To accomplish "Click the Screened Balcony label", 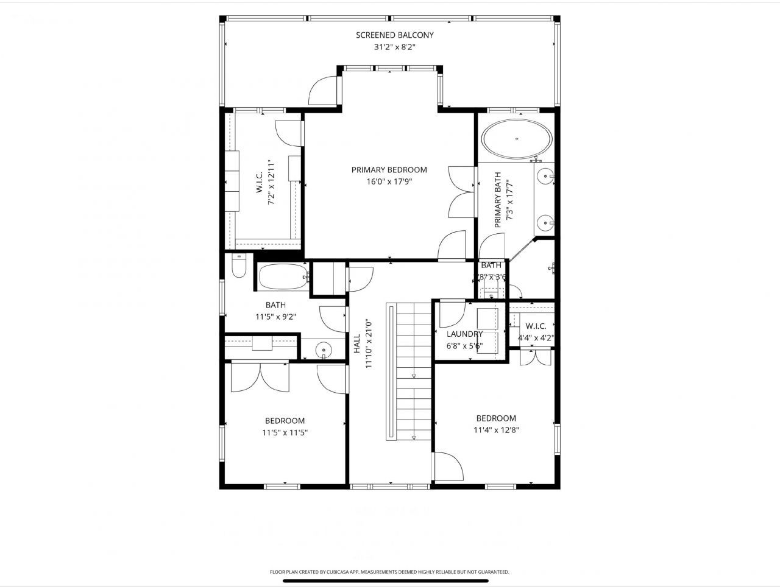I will pos(395,35).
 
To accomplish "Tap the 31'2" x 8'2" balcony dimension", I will pos(395,47).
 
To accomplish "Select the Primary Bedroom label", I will pos(389,170).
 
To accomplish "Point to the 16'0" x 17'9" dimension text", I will pos(389,181).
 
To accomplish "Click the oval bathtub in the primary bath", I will pos(517,139).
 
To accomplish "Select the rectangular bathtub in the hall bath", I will pos(283,277).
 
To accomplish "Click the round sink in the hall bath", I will pos(323,350).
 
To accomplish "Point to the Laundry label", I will pos(464,334).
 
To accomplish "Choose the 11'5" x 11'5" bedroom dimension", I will pos(285,433).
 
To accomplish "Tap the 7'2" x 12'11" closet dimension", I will pos(272,183).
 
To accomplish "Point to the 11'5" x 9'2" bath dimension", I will pos(275,317).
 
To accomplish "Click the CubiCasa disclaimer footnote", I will pos(389,572).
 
